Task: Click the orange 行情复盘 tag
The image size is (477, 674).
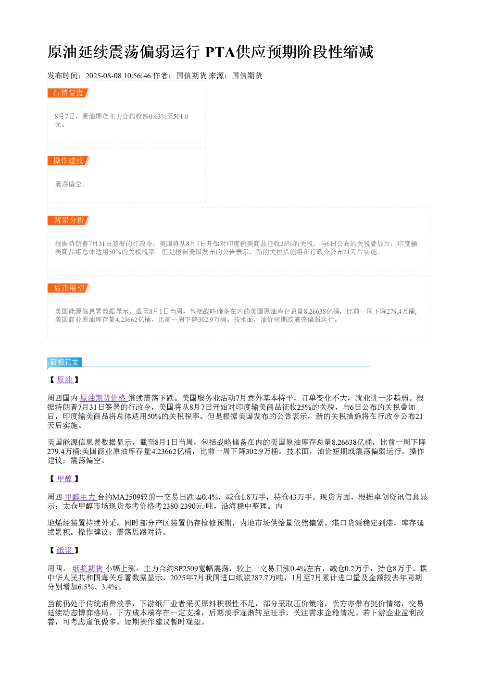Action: tap(69, 93)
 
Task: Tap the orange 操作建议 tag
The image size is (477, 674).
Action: tap(69, 160)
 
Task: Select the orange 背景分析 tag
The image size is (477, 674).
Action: tap(69, 220)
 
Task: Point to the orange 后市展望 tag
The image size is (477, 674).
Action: tap(69, 288)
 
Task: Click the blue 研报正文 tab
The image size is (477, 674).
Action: tap(64, 362)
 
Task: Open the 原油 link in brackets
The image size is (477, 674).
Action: tap(65, 380)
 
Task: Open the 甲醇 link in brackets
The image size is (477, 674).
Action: tap(65, 478)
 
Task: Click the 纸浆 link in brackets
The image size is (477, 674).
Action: tap(65, 550)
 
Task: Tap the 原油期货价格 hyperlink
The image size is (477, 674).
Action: tap(103, 398)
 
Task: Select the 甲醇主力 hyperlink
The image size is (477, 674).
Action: tap(81, 497)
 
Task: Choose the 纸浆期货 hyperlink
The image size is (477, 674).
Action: tap(88, 568)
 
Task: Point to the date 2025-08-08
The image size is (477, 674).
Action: tap(103, 75)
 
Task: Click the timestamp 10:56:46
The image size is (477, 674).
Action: tap(137, 75)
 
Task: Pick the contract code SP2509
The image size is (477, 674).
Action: tap(186, 568)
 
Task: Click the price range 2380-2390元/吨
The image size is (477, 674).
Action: tap(188, 506)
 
